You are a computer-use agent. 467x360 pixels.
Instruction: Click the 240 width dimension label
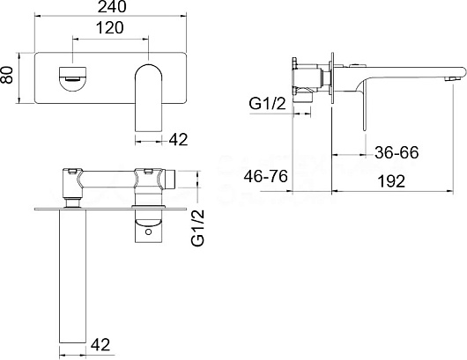pyautogui.click(x=112, y=7)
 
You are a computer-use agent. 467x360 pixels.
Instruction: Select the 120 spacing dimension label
pyautogui.click(x=109, y=28)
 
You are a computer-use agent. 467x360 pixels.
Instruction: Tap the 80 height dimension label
pyautogui.click(x=7, y=75)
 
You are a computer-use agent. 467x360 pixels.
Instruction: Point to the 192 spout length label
pyautogui.click(x=391, y=181)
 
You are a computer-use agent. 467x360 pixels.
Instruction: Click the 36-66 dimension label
pyautogui.click(x=397, y=152)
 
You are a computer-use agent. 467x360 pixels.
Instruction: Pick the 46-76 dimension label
pyautogui.click(x=266, y=176)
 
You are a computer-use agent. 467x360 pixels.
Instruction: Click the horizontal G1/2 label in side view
pyautogui.click(x=268, y=104)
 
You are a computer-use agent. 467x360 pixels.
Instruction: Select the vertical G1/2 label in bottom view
pyautogui.click(x=198, y=228)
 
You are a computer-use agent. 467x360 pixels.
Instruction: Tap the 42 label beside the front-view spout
pyautogui.click(x=178, y=139)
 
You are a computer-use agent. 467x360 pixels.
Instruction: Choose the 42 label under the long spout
pyautogui.click(x=100, y=345)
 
